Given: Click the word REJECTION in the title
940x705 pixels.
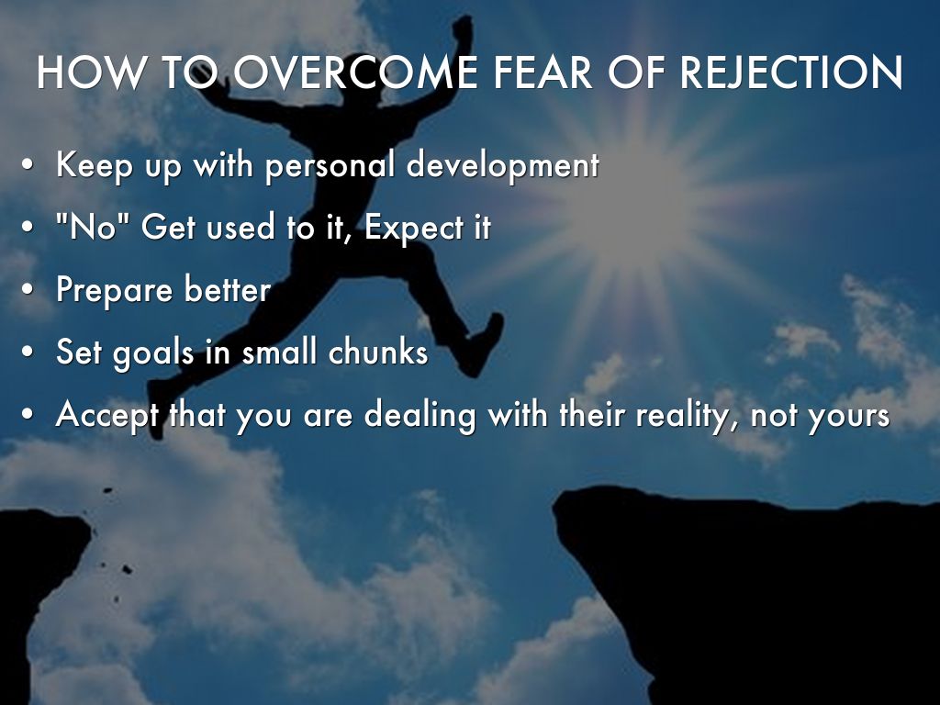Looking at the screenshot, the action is [x=790, y=73].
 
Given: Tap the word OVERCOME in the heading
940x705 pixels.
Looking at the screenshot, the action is [x=355, y=73].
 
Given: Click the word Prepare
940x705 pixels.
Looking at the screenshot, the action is [x=114, y=291].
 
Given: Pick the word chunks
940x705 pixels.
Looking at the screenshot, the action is [x=378, y=352].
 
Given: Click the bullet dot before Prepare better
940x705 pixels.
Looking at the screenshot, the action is [x=27, y=289].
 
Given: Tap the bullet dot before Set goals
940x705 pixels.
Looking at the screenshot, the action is [x=27, y=352].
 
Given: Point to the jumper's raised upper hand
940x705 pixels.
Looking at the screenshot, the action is [x=463, y=28].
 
